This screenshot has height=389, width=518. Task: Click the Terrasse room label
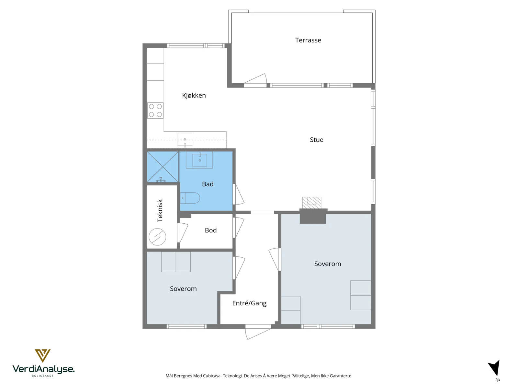pos(308,40)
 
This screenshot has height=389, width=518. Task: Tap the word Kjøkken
pos(194,95)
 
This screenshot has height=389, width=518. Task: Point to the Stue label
pos(316,140)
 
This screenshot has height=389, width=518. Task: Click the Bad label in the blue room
pos(208,184)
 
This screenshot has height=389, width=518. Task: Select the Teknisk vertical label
pos(160,210)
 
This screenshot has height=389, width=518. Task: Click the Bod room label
pos(211,230)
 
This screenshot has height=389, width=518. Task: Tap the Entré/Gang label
pos(249,303)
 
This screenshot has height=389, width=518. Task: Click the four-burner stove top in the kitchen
pos(155,111)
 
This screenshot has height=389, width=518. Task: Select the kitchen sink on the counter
pos(185,140)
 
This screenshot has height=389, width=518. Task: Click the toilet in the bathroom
pos(190,198)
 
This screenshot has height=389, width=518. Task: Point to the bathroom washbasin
pos(200,160)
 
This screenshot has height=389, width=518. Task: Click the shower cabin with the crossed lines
pos(163,167)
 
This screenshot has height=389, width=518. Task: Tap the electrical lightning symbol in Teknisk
pos(157,237)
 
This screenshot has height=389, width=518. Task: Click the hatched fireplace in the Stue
pos(312,203)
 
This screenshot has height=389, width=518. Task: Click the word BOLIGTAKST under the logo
pos(43,376)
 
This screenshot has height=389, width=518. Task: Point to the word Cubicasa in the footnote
pos(212,376)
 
